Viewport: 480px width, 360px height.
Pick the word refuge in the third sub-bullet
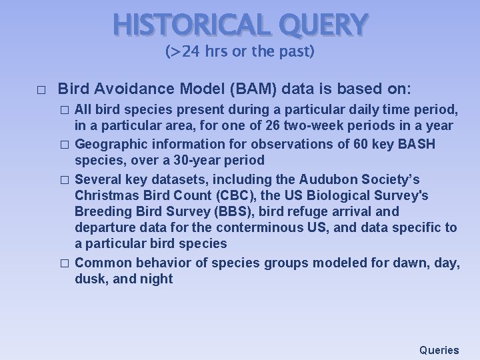pyautogui.click(x=323, y=211)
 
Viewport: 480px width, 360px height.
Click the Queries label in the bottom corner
pyautogui.click(x=439, y=349)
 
